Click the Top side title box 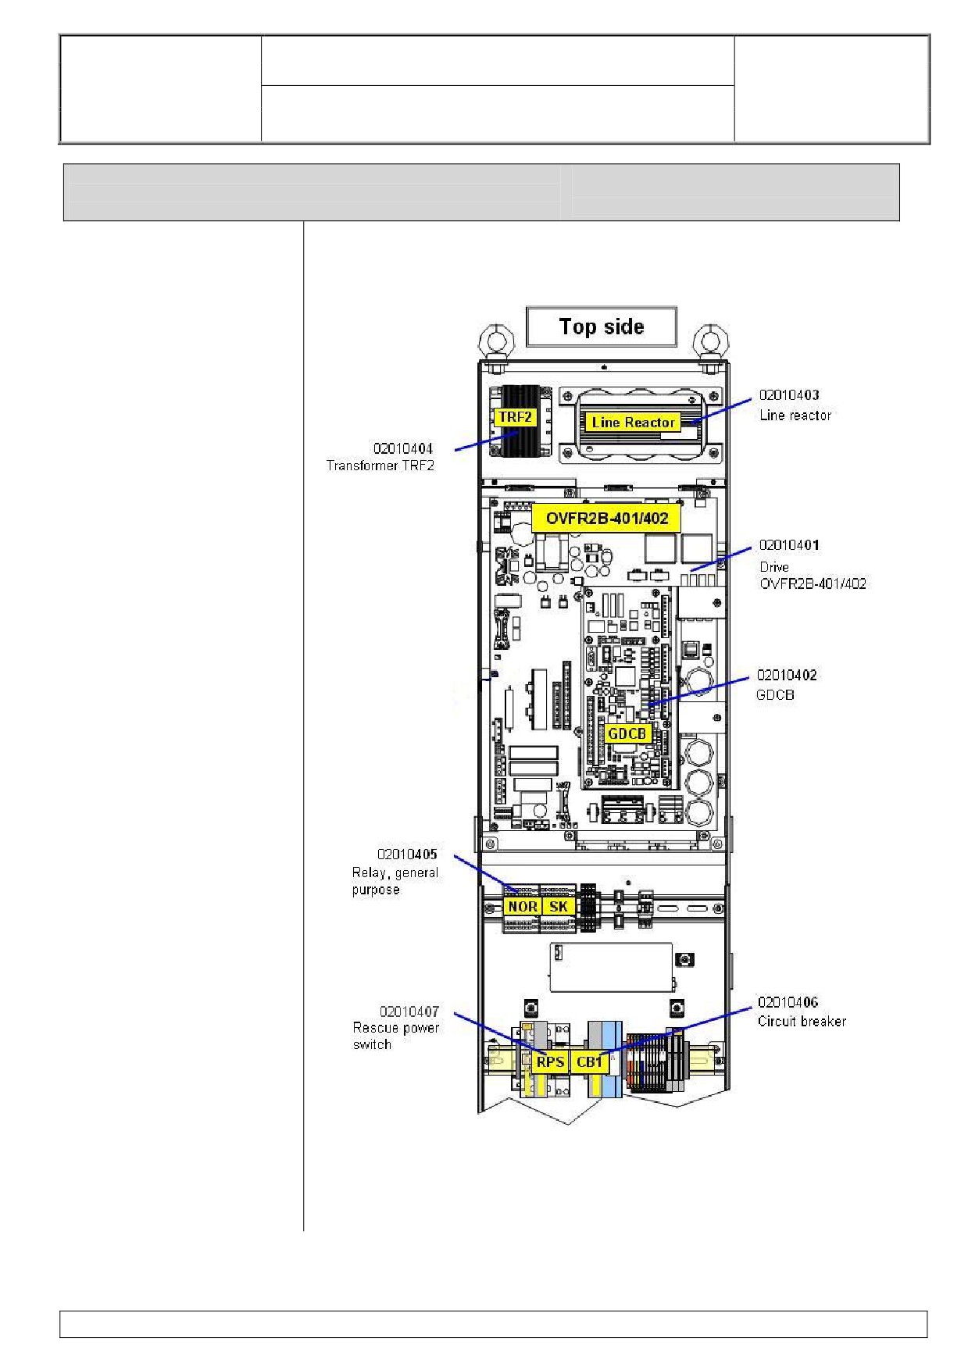[602, 326]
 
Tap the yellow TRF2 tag [515, 417]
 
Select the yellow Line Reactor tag [633, 423]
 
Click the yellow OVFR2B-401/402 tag [606, 518]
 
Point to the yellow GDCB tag [627, 733]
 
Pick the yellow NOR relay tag [522, 907]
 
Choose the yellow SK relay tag [558, 907]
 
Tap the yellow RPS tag [550, 1062]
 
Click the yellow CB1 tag [589, 1062]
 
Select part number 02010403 [789, 395]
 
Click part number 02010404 [403, 448]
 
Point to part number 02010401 [789, 545]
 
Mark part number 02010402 [787, 675]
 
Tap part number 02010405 [407, 854]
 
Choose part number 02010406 [788, 1002]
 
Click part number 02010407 [409, 1011]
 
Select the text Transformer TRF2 [380, 466]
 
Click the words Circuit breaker [802, 1021]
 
